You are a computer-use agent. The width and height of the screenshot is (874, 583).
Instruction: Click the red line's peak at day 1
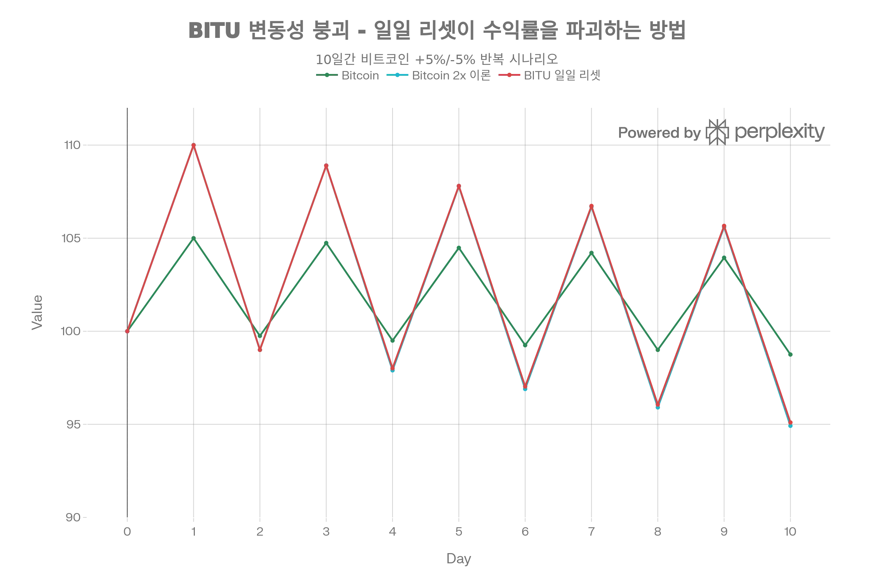pos(194,145)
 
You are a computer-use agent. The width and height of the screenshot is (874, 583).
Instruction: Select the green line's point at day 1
pos(194,238)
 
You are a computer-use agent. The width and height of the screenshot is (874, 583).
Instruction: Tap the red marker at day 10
pos(790,422)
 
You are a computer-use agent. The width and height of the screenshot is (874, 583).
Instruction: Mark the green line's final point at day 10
pos(790,354)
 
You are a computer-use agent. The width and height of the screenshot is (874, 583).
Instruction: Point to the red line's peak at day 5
pos(459,185)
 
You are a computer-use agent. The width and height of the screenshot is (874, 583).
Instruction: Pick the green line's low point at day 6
pos(525,345)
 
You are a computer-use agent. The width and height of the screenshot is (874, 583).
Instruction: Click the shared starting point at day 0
pos(127,331)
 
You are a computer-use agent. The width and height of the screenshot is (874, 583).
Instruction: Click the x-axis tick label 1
pos(194,532)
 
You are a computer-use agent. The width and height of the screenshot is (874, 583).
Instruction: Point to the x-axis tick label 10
pos(790,532)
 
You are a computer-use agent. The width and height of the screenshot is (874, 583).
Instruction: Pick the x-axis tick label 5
pos(459,532)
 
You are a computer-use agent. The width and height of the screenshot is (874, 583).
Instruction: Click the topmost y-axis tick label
pos(72,145)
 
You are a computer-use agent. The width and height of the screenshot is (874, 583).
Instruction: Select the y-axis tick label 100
pos(71,331)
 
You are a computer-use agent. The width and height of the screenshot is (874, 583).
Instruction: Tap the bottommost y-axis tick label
pos(72,517)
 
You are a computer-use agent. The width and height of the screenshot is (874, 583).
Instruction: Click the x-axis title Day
pos(458,559)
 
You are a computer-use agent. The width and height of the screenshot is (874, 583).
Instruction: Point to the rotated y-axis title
pos(37,312)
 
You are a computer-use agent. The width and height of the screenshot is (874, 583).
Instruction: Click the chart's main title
pos(437,30)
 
